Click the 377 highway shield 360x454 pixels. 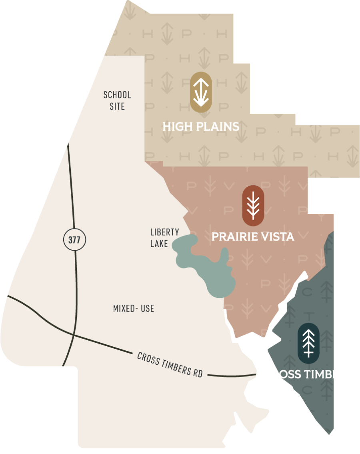coord(74,240)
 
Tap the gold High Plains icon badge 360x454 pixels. coord(201,92)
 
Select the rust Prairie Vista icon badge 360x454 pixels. coord(253,206)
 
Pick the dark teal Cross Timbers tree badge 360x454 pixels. coord(308,343)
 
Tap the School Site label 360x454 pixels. coord(117,100)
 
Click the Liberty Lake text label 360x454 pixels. coord(164,238)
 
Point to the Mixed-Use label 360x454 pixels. coord(134,309)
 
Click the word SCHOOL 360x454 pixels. coord(117,95)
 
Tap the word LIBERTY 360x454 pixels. coord(164,232)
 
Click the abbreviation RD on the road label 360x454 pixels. coord(198,372)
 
